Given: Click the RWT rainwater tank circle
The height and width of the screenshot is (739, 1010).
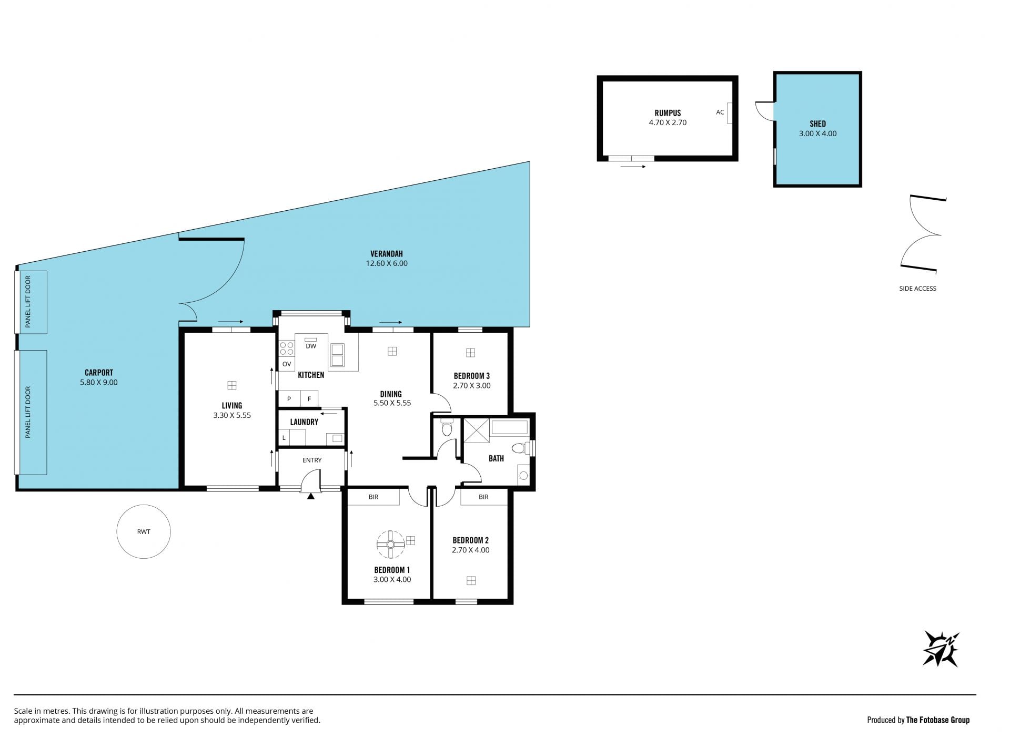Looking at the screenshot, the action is (x=144, y=531).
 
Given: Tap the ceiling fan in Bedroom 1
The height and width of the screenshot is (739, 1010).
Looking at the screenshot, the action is (x=391, y=544).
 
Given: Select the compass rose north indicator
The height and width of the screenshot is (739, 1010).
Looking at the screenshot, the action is (x=941, y=649).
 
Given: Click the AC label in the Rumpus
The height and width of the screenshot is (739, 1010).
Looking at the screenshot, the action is (x=720, y=112).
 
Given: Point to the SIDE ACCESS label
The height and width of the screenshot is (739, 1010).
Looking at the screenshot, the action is (x=917, y=288).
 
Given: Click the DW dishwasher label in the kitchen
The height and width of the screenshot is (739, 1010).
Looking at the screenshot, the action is (x=311, y=346).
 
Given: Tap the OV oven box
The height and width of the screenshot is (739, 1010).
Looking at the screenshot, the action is (x=287, y=364).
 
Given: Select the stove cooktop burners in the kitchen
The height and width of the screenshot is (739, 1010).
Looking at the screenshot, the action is (x=287, y=348).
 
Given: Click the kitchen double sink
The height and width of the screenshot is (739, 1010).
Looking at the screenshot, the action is (x=337, y=355).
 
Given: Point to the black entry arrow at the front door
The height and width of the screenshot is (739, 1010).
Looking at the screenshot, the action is (x=311, y=495).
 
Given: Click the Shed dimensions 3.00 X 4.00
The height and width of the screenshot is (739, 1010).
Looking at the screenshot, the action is (x=817, y=134).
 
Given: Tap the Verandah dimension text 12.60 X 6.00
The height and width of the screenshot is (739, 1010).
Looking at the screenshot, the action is (x=387, y=263).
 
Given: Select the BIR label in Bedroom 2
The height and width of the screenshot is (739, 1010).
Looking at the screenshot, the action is (x=483, y=497).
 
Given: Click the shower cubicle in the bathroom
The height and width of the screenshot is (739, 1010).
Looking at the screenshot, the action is (x=476, y=431).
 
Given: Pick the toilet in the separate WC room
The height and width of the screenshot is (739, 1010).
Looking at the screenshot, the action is (x=447, y=428).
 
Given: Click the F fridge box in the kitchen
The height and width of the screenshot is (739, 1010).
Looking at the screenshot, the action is (x=309, y=399).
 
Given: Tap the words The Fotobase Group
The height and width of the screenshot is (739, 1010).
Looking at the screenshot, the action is (x=937, y=720).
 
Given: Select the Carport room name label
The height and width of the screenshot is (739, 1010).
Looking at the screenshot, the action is (x=99, y=373).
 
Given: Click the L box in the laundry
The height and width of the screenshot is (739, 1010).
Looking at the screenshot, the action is (x=284, y=437).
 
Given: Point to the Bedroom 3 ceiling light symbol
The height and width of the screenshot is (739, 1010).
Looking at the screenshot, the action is (x=470, y=353).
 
